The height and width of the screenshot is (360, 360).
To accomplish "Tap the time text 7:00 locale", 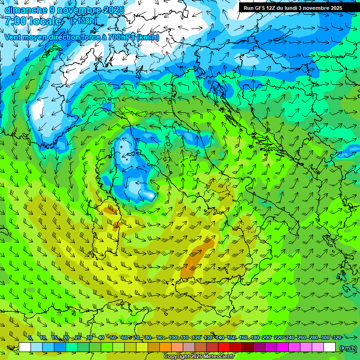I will click(33, 22).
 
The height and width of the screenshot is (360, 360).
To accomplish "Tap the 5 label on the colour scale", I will click(30, 338).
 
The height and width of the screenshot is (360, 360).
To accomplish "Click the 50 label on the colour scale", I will click(113, 338).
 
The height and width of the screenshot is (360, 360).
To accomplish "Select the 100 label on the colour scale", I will click(173, 338).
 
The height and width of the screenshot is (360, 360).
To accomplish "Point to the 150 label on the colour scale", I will click(232, 338).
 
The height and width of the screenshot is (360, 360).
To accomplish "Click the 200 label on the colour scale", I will click(267, 338).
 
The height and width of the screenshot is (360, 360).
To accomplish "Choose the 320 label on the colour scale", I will click(337, 338).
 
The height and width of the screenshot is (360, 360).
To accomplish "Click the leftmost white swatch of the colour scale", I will click(25, 347).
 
